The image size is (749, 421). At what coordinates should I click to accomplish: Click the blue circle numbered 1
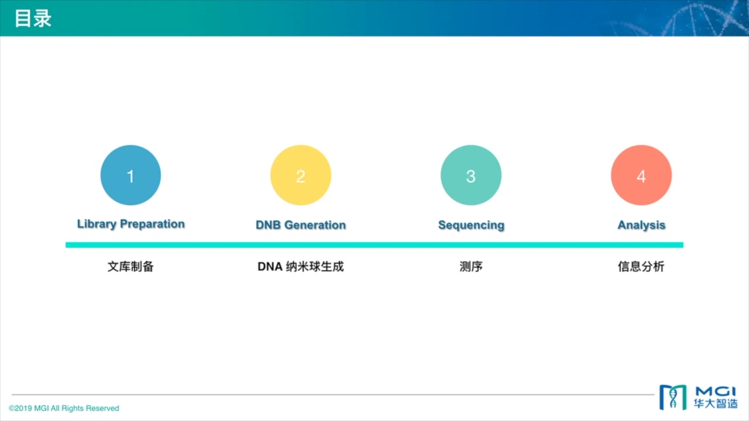pos(130,175)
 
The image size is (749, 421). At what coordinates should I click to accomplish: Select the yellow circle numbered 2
pos(301,175)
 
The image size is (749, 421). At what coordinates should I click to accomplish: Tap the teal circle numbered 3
pos(471,175)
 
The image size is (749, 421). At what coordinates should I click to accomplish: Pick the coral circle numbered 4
pos(641,175)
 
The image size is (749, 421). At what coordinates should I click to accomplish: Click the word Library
pos(97,224)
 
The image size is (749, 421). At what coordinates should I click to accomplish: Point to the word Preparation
pos(152,224)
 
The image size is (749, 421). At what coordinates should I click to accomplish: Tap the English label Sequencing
pos(471,225)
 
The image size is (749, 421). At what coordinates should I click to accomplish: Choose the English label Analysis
pos(641,225)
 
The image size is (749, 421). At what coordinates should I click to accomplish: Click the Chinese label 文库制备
pos(130,267)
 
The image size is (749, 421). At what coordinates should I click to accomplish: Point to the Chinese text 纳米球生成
pos(315,267)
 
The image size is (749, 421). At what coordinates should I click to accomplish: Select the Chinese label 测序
pos(471,267)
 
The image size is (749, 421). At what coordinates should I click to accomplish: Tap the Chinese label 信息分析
pos(641,267)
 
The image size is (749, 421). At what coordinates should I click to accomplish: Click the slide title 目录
pos(33,18)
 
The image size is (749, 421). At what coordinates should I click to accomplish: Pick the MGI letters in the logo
pos(716,391)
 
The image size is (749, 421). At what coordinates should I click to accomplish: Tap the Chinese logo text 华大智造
pos(716,403)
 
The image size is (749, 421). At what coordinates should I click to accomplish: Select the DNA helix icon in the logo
pos(673,398)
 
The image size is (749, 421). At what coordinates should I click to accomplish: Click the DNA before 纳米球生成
pos(270,267)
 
